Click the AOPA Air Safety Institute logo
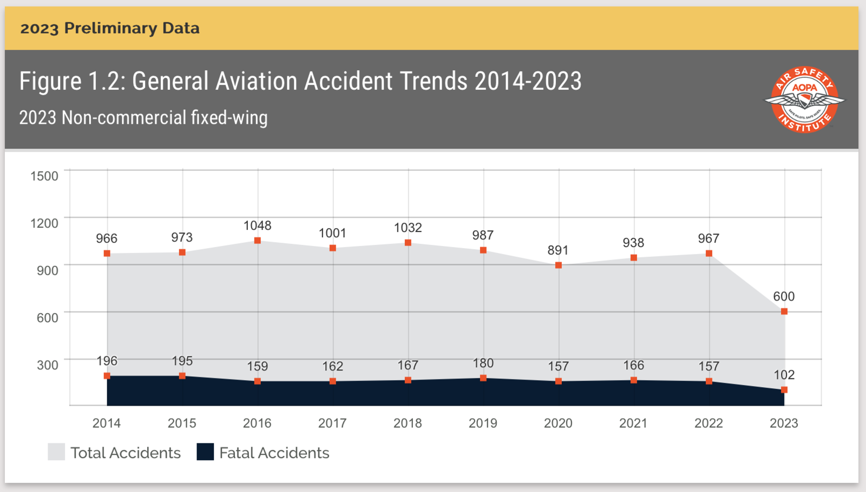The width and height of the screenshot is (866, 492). point(804,99)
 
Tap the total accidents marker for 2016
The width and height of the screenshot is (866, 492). point(258,241)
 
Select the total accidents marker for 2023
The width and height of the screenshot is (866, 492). point(784,311)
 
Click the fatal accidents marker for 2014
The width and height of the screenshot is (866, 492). point(107,376)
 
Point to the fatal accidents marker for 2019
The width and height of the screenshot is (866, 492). point(483,378)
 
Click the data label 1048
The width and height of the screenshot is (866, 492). point(257,225)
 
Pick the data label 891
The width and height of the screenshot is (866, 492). point(558,250)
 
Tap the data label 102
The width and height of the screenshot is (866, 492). point(784,375)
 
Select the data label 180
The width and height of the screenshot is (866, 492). point(483,363)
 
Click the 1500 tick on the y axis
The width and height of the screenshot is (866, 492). point(44,176)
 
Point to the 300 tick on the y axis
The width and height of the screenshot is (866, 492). point(48,365)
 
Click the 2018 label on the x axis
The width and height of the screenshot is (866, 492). point(408,423)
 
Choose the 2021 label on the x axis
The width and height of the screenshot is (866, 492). point(633,423)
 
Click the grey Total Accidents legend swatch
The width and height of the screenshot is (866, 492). point(56,452)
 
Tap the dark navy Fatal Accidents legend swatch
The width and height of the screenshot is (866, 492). point(205,452)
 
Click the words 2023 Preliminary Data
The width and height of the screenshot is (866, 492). point(110,28)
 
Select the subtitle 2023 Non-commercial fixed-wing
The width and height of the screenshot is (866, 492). point(143,117)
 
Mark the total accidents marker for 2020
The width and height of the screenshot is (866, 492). point(559,265)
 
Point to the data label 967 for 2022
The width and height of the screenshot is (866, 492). point(708,238)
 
